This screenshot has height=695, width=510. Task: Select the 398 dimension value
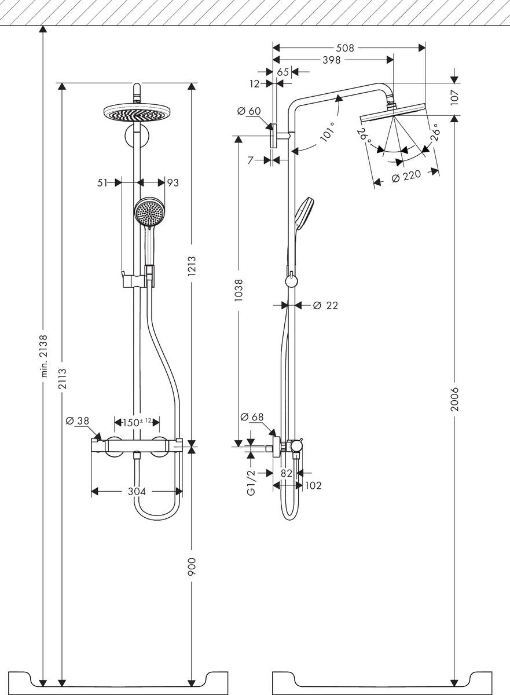(x=331, y=60)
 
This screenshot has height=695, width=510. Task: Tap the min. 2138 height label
(x=43, y=357)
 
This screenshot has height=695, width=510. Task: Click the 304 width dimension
(x=137, y=492)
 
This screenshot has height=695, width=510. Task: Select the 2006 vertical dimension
(x=455, y=399)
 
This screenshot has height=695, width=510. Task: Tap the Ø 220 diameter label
(x=406, y=178)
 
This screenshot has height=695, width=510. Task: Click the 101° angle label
(x=328, y=131)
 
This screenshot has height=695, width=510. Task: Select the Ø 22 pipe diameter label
(x=325, y=305)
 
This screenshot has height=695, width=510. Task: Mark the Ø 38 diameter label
(x=76, y=421)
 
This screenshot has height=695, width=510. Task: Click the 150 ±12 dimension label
(x=137, y=422)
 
